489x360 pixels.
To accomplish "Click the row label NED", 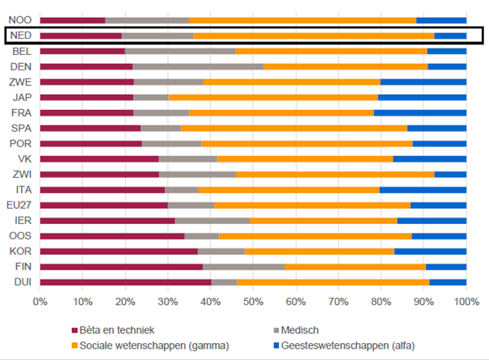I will [x=21, y=36].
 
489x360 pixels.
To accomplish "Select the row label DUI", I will [x=21, y=282].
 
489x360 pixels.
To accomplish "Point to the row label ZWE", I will [x=21, y=82].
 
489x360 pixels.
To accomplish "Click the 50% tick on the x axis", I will [x=253, y=301].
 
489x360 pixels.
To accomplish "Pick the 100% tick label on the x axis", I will [x=466, y=301].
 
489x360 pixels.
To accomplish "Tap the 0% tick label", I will [x=40, y=301].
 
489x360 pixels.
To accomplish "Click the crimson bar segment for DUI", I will [x=125, y=282].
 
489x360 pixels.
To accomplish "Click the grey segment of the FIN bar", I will [x=243, y=266].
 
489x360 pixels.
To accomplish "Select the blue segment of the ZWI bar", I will [x=450, y=174].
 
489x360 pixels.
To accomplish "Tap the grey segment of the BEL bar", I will [x=180, y=51].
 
